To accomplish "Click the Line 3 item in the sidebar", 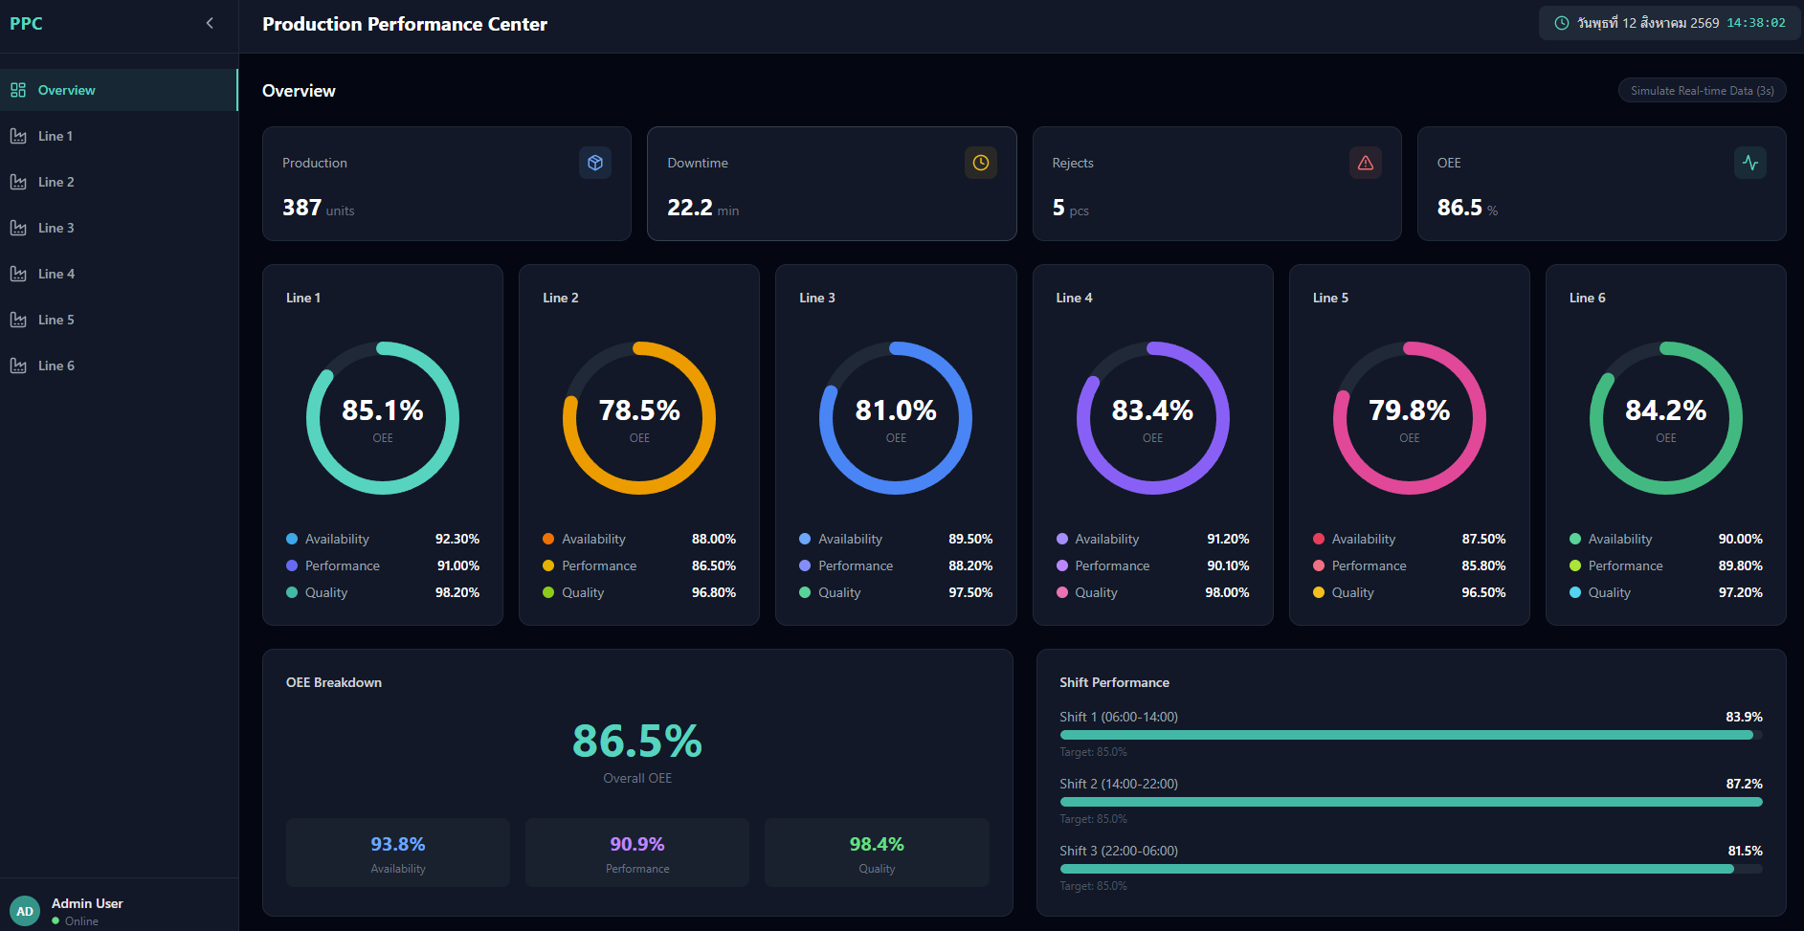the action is point(56,228).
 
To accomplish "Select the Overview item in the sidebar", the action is point(66,90).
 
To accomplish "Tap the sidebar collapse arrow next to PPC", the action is point(210,23).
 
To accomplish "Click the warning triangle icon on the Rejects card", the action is point(1366,163).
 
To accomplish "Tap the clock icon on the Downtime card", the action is point(981,163).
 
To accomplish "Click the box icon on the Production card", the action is point(595,163).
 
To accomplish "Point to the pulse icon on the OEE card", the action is point(1750,163).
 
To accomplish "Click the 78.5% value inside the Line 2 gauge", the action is point(639,410).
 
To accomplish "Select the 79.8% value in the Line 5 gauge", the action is point(1409,410).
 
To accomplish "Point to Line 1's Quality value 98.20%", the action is point(457,592).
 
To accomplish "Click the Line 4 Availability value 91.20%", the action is point(1228,539).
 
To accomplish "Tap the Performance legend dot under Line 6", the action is point(1575,565).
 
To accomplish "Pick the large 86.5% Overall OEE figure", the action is point(637,741).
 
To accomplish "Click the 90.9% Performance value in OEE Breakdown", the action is point(637,844).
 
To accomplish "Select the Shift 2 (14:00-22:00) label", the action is point(1119,784).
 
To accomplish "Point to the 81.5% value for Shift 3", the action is point(1745,851).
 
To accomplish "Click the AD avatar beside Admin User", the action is point(25,911).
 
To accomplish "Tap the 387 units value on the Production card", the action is point(318,208).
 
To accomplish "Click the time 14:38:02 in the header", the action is point(1756,23).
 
